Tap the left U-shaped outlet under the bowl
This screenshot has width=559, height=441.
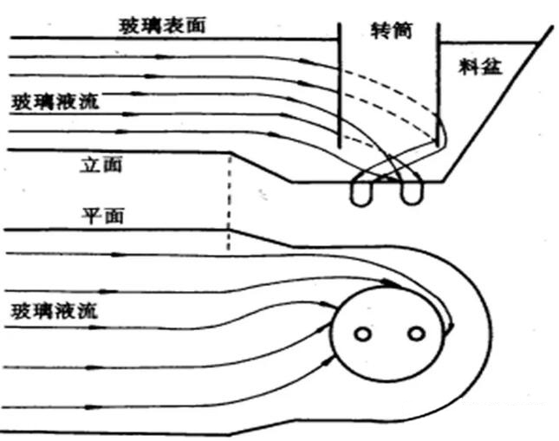tap(362, 191)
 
